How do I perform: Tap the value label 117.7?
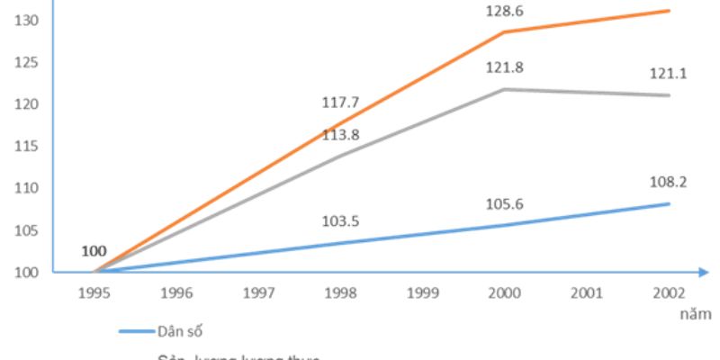[340, 103]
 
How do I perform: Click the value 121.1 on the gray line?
[668, 74]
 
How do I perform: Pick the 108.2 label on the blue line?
[668, 181]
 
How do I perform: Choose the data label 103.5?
[340, 220]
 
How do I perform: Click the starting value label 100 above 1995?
[93, 249]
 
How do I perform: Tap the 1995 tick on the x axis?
[94, 293]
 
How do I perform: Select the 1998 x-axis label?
[340, 293]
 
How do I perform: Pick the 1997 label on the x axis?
[258, 293]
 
